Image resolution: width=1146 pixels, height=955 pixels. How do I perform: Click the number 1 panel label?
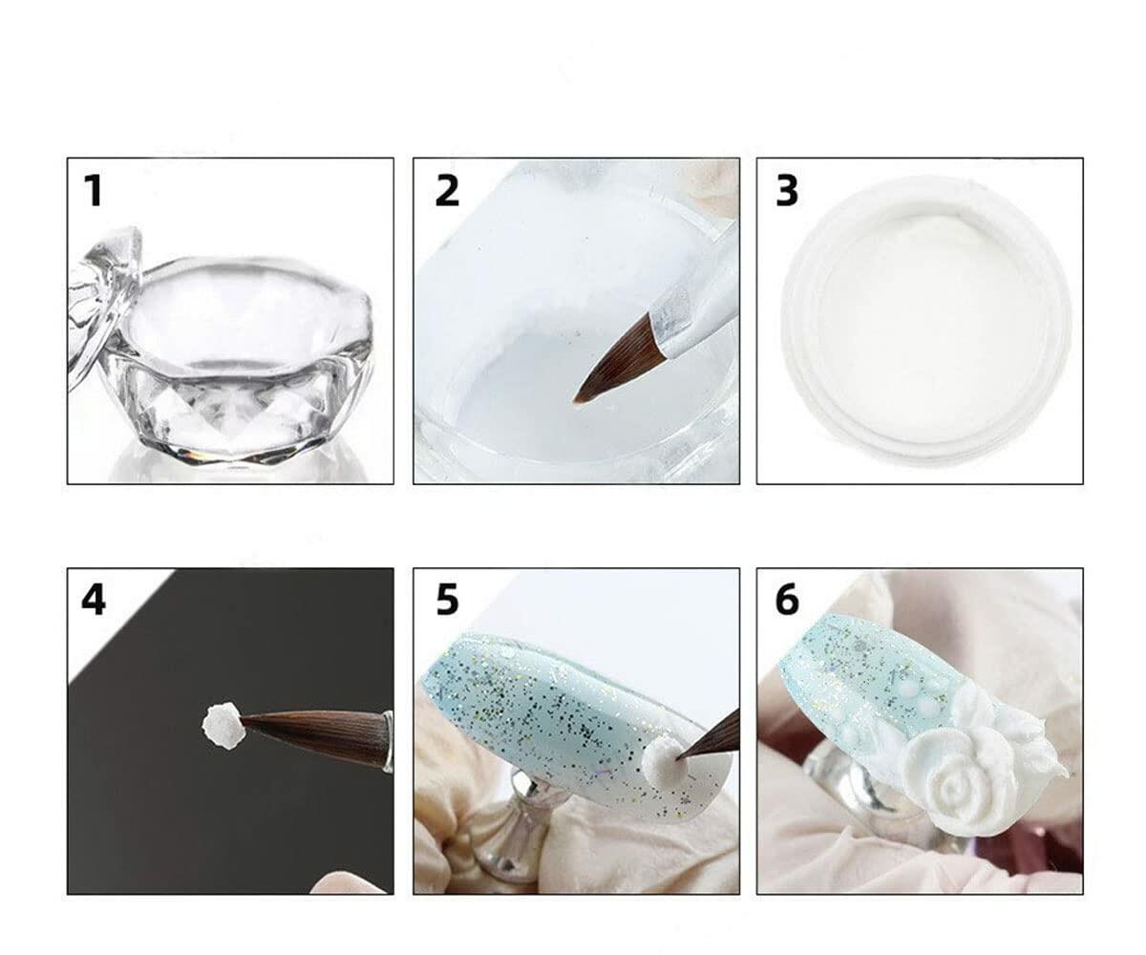[x=93, y=191]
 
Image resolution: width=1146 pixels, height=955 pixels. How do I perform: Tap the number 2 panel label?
[x=446, y=191]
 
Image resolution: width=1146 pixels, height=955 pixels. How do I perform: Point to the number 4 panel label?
[x=93, y=601]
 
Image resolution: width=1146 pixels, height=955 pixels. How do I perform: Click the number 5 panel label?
[x=446, y=601]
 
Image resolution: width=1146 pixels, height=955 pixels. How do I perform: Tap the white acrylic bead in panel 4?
[x=222, y=725]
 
